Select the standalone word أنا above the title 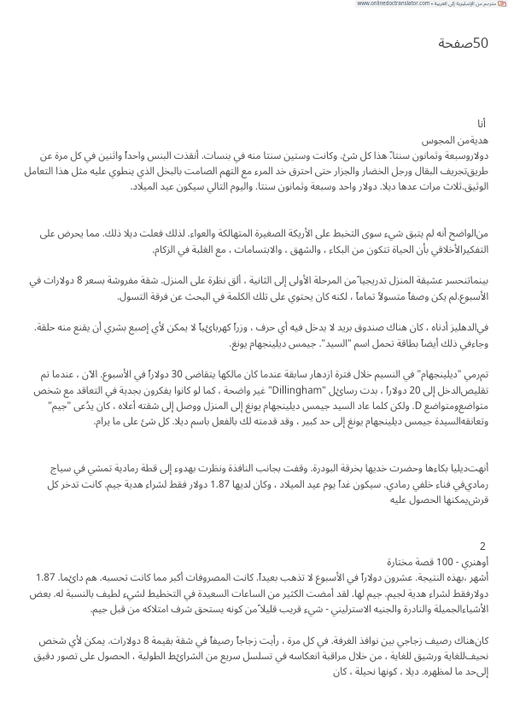click(482, 125)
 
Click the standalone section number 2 click(483, 546)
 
